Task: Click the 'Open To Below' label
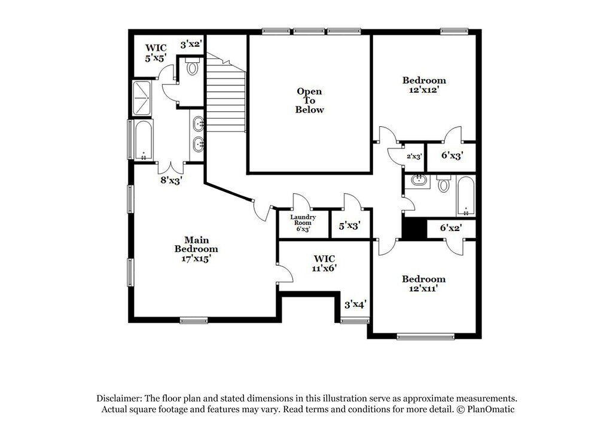309,101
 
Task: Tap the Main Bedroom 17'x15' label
196,249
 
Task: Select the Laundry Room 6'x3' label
303,223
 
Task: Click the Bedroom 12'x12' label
424,85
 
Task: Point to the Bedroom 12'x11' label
423,284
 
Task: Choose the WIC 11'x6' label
324,263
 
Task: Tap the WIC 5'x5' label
155,53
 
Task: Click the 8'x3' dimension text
170,180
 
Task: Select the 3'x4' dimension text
355,304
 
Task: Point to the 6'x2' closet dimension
451,228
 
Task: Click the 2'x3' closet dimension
414,156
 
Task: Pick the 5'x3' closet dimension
350,226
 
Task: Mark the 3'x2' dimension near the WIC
191,44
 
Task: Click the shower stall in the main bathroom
142,98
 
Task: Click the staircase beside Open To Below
226,93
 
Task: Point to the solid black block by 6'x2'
414,229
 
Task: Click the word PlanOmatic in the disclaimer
490,409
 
